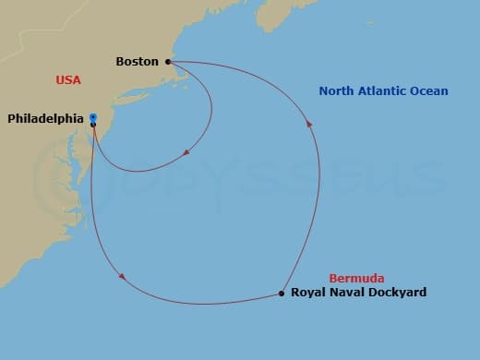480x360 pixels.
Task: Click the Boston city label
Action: pyautogui.click(x=137, y=62)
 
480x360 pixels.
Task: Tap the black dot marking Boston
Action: pyautogui.click(x=168, y=62)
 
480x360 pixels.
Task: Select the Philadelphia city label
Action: pyautogui.click(x=46, y=118)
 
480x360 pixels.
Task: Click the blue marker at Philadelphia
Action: pyautogui.click(x=93, y=117)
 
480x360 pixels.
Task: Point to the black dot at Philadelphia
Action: pyautogui.click(x=93, y=124)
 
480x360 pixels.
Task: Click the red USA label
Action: pyautogui.click(x=68, y=80)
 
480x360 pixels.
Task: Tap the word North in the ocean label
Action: pyautogui.click(x=338, y=91)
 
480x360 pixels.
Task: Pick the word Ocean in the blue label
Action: pyautogui.click(x=430, y=91)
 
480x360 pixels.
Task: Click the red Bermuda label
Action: pyautogui.click(x=356, y=279)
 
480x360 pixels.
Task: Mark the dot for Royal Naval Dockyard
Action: pyautogui.click(x=282, y=294)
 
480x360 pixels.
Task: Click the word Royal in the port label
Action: pyautogui.click(x=308, y=294)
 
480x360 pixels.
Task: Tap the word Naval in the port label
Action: pyautogui.click(x=347, y=294)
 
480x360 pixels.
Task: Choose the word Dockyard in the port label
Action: pyautogui.click(x=397, y=294)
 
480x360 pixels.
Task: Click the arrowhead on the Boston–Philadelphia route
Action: pyautogui.click(x=186, y=152)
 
